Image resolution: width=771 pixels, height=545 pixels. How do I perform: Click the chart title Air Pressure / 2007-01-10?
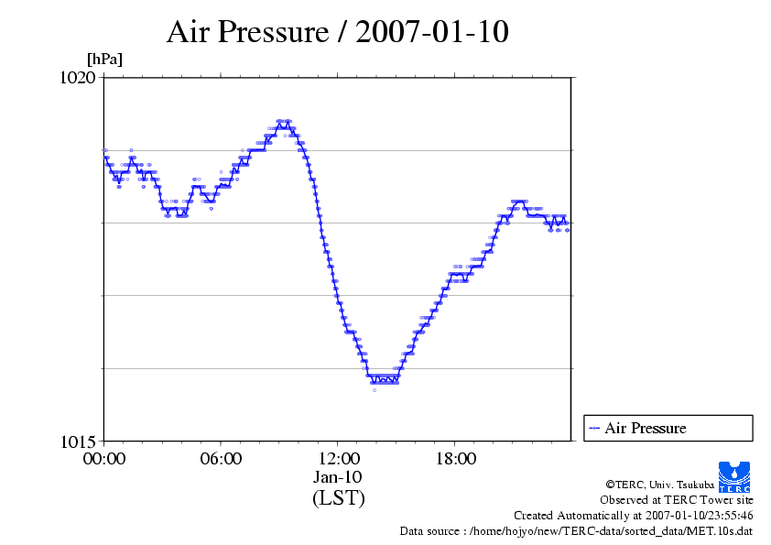point(337,33)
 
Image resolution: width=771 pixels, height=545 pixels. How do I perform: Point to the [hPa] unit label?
point(104,60)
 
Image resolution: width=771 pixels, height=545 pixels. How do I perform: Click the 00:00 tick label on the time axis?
point(103,459)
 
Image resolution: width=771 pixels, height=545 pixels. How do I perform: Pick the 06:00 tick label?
point(221,459)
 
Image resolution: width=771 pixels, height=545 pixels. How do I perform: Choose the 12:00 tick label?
point(338,459)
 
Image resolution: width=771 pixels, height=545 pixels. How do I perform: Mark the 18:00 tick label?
point(455,459)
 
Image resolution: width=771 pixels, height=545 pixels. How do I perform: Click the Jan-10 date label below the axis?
point(338,477)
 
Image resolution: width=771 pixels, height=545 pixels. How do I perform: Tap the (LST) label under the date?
point(338,498)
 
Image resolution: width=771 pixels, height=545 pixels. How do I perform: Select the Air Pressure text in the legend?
point(645,428)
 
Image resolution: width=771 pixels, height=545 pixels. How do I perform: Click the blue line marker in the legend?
point(594,428)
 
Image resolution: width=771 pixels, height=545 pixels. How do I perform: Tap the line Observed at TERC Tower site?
point(676,500)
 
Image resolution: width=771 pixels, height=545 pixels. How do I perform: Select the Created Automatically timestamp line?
point(633,516)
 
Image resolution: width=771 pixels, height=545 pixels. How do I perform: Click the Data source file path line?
point(576,531)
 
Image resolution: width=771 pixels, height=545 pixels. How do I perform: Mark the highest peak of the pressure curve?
point(285,121)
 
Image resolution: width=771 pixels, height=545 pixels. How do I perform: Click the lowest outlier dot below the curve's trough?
point(374,390)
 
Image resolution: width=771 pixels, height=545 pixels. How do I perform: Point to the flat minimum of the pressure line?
point(383,378)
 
